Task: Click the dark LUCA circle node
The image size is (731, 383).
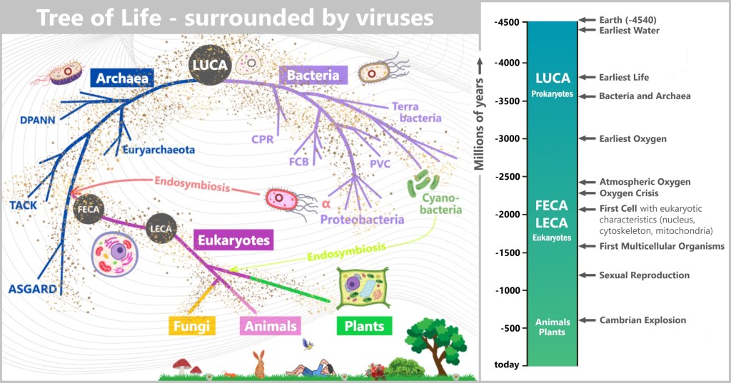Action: (209, 66)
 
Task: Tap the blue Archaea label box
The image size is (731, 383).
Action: (122, 78)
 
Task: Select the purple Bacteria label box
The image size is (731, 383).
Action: (313, 73)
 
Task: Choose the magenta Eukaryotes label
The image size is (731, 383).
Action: (233, 240)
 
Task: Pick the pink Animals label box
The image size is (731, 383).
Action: (270, 326)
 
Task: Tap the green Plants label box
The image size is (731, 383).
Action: (364, 326)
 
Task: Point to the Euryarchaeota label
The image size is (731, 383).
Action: (158, 150)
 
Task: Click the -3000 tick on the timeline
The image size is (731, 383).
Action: (508, 138)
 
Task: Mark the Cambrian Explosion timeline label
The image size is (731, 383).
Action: (642, 320)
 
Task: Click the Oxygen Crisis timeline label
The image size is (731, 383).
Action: (628, 193)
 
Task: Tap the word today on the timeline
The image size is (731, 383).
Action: (507, 365)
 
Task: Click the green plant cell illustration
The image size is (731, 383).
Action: (363, 290)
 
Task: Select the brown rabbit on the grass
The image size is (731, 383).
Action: (259, 364)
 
